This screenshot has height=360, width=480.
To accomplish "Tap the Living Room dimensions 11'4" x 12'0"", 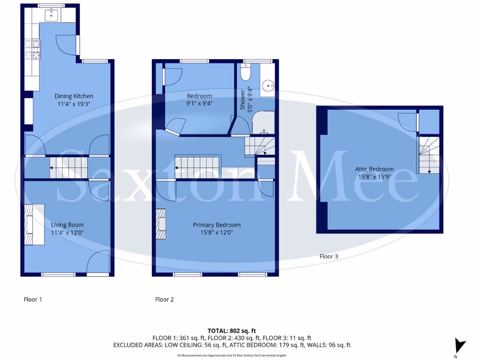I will click(67, 232).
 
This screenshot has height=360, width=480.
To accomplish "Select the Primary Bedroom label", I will click(217, 225).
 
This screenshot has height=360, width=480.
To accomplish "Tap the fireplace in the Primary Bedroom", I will click(161, 224).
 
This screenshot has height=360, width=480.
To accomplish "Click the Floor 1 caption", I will click(33, 299).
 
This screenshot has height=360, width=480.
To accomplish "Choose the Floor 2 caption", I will click(165, 299).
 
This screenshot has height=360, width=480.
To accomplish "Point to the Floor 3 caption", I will click(329, 256).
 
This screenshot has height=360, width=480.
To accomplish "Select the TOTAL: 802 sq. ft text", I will click(232, 330).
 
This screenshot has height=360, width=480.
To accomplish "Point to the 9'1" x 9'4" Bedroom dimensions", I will click(199, 104).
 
